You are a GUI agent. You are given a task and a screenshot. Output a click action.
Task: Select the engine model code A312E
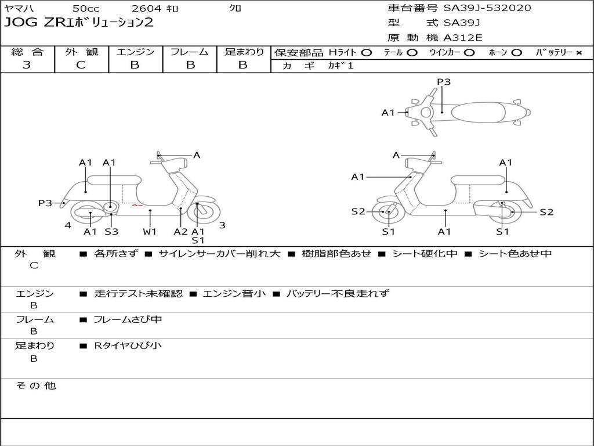463,38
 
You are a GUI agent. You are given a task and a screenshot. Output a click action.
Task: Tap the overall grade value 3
27,65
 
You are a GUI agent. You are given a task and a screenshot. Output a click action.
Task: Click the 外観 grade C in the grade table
81,65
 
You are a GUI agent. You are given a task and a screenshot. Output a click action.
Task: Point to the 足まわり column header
244,52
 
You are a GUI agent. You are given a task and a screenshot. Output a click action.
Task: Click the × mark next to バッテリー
578,53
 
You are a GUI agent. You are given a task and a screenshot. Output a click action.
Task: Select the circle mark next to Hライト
366,53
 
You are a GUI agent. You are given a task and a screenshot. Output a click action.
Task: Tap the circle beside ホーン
516,53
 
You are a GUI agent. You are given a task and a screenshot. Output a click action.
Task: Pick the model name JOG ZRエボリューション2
79,23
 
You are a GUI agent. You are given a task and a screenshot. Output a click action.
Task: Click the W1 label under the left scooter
150,232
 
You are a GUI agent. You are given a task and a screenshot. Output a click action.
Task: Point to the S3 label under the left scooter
111,232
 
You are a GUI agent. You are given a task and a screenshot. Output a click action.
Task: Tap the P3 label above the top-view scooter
444,82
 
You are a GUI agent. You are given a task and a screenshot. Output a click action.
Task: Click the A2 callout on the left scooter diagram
181,232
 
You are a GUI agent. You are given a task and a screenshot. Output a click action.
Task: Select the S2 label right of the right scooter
546,212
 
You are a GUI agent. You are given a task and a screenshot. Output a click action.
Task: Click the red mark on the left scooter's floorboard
137,205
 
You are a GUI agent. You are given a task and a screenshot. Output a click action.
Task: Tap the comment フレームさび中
128,319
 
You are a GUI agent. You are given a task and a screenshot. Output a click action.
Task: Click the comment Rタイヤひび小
128,346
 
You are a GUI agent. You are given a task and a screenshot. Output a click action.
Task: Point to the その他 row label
36,386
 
